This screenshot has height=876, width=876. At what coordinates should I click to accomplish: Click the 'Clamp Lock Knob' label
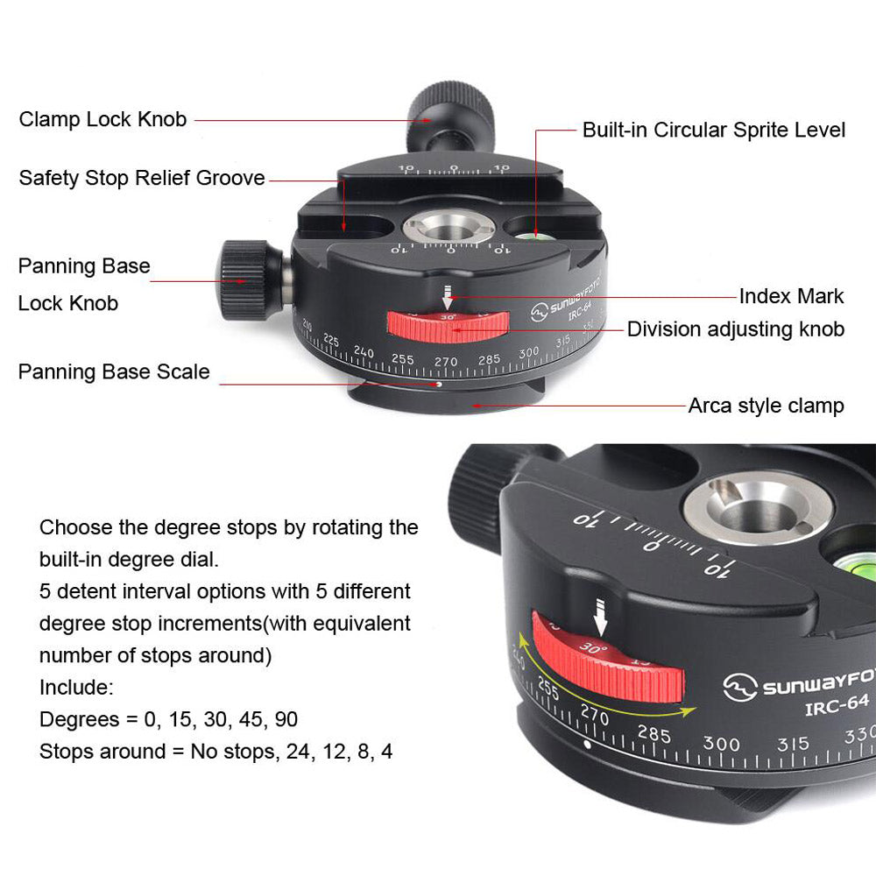click(102, 119)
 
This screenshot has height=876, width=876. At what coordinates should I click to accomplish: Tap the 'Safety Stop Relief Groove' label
click(142, 178)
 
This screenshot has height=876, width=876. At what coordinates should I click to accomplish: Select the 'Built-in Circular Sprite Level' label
click(713, 131)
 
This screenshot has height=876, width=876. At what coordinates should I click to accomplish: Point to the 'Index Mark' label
click(791, 296)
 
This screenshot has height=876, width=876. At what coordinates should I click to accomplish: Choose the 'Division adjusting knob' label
click(735, 329)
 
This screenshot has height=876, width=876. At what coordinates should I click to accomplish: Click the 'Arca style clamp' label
click(766, 406)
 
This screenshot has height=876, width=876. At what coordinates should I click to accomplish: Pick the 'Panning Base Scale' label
click(114, 372)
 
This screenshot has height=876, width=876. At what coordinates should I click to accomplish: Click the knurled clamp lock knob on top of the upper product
click(450, 117)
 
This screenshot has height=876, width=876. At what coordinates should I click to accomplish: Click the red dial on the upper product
click(448, 327)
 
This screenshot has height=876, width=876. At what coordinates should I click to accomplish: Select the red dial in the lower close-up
click(607, 657)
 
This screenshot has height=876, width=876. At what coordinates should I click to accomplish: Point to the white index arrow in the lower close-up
click(600, 616)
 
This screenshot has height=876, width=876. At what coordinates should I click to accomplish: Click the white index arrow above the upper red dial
click(447, 297)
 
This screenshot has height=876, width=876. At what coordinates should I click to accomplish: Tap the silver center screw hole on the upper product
click(449, 228)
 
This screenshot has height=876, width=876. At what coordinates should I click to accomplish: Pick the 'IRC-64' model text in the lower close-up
click(837, 705)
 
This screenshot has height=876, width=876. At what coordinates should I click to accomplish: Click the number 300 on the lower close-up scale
click(721, 744)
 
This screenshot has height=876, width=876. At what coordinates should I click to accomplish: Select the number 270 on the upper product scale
click(446, 362)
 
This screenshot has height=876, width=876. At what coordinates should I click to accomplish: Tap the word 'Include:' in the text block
click(76, 687)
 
